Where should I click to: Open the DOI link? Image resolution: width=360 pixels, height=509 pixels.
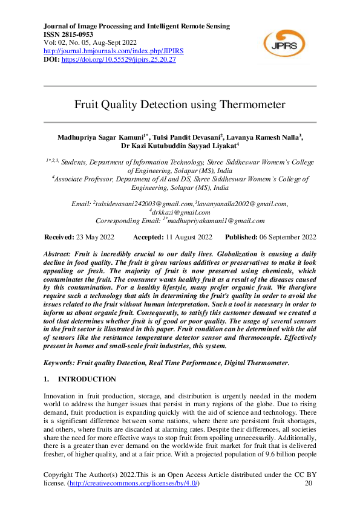(119, 60)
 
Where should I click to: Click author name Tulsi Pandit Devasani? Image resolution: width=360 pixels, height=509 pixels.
(189, 137)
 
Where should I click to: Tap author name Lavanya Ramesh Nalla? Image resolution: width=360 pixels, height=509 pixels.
(264, 137)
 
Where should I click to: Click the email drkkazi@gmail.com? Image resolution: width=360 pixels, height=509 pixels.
(181, 212)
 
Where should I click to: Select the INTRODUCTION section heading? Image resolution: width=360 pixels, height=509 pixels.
(87, 379)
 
